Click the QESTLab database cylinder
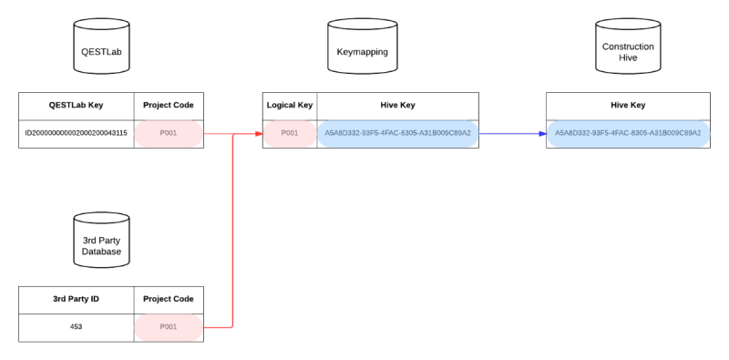[99, 51]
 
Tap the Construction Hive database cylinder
[628, 51]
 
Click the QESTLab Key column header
[77, 105]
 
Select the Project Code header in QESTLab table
[169, 105]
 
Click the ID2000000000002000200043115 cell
[77, 133]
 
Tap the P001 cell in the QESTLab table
[169, 133]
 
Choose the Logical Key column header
[290, 105]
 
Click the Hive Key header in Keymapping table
[397, 105]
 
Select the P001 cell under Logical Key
[290, 133]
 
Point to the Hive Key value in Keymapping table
[397, 133]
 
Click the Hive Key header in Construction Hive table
[628, 105]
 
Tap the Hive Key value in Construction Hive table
[628, 133]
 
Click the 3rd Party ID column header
[77, 299]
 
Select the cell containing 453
[77, 326]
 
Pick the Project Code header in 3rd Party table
[169, 299]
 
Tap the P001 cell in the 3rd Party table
[169, 326]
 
